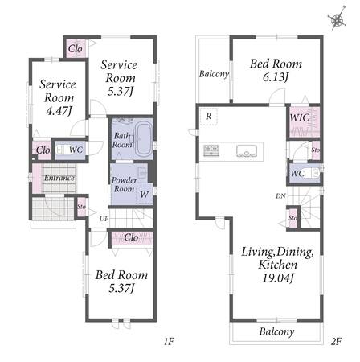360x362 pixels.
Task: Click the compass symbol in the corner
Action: point(337,19)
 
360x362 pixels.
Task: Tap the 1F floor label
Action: point(169,341)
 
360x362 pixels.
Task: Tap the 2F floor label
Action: point(336,341)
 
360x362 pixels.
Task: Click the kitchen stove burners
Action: point(211,150)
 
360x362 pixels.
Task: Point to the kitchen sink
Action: point(247,150)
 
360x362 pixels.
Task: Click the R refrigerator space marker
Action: point(209,116)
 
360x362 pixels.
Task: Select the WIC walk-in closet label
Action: point(300,117)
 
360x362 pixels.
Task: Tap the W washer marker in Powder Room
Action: point(144,195)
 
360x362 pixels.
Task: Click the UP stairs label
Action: point(104,219)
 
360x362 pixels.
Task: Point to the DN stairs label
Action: point(280,196)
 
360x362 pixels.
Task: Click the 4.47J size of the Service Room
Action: point(59,111)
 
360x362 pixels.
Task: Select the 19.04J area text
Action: point(277,278)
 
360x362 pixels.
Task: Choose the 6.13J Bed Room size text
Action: point(276,77)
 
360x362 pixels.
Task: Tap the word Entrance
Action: point(59,178)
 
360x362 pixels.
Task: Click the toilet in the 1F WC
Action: point(61,150)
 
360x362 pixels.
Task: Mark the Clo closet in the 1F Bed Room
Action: point(132,237)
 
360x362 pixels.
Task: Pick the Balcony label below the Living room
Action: point(276,331)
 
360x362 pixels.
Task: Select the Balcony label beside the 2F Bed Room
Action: point(214,74)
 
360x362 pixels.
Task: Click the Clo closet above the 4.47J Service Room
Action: point(76,48)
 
